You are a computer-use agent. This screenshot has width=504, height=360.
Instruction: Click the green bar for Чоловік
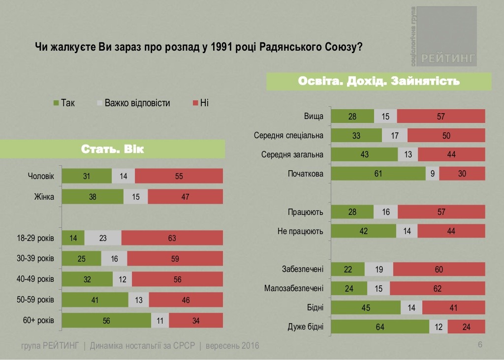point(87,176)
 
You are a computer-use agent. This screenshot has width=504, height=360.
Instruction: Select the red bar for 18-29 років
point(172,238)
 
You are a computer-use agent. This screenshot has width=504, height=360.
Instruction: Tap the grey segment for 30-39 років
point(114,259)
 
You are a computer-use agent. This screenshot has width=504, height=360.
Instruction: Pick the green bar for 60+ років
point(106,321)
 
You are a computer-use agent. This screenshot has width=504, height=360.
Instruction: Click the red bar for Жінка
point(185,197)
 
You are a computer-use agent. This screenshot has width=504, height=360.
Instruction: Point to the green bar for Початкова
point(378,174)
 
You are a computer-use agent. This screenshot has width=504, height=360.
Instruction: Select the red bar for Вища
point(441,117)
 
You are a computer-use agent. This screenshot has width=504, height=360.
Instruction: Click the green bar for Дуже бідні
point(380,327)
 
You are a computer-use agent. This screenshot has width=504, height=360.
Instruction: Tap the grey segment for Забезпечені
point(379,270)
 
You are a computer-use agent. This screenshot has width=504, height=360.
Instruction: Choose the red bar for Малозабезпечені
point(437,289)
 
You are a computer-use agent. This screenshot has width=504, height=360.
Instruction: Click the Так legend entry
point(63,103)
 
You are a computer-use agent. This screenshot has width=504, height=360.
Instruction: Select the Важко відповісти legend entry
point(133,103)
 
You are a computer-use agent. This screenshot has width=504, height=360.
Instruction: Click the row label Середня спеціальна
point(288,136)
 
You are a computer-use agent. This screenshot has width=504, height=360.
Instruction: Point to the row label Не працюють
point(300,231)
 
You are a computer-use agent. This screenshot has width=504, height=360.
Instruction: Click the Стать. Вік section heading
point(112,149)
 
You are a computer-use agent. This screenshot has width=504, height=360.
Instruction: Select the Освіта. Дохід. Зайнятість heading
point(379,81)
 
